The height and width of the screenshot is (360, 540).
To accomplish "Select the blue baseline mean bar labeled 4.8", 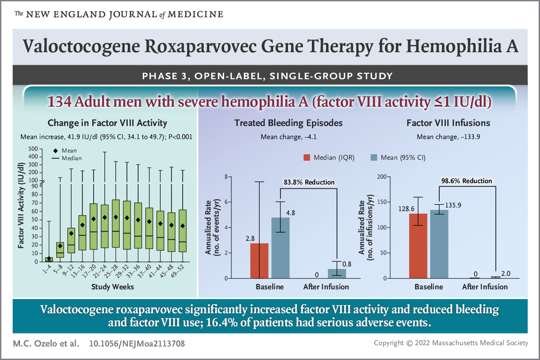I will coord(280,247).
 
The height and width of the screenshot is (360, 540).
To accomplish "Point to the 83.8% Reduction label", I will coord(309,182).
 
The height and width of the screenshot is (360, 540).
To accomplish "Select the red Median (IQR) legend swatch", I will coord(307,157).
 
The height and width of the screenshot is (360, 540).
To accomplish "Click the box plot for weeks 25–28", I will coord(116,223).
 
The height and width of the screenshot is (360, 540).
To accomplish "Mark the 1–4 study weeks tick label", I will coord(45,270).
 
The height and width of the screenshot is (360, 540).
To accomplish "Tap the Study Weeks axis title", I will coord(112,286).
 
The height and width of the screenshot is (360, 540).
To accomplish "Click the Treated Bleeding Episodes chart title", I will coord(288,122).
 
